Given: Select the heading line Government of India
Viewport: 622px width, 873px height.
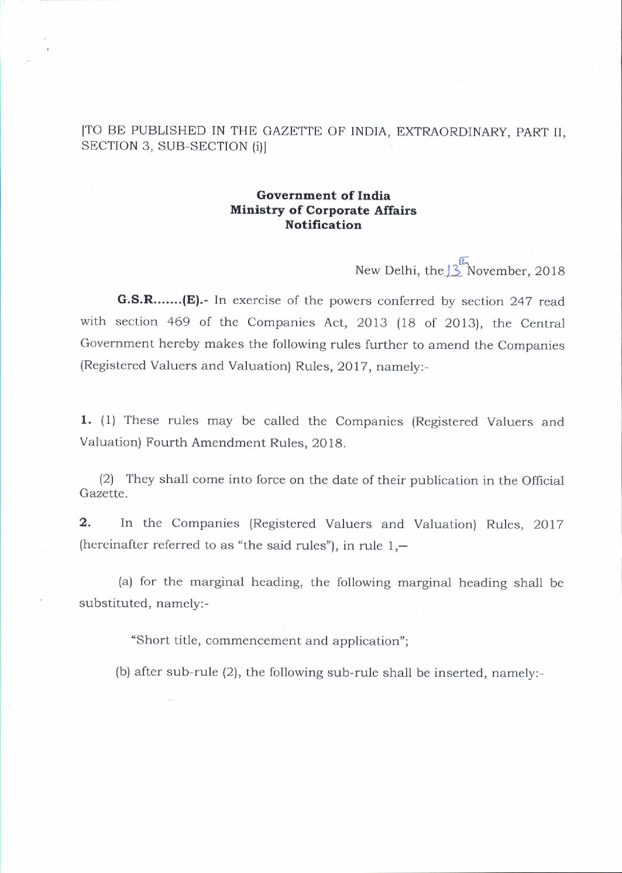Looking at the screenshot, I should pyautogui.click(x=323, y=196).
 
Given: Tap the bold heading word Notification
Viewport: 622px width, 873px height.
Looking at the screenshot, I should pyautogui.click(x=323, y=225).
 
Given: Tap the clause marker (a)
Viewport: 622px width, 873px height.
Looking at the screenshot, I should pyautogui.click(x=125, y=582).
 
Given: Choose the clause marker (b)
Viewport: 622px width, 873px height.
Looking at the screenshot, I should pyautogui.click(x=123, y=672).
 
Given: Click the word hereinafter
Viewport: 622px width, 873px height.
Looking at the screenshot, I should pyautogui.click(x=113, y=545).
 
